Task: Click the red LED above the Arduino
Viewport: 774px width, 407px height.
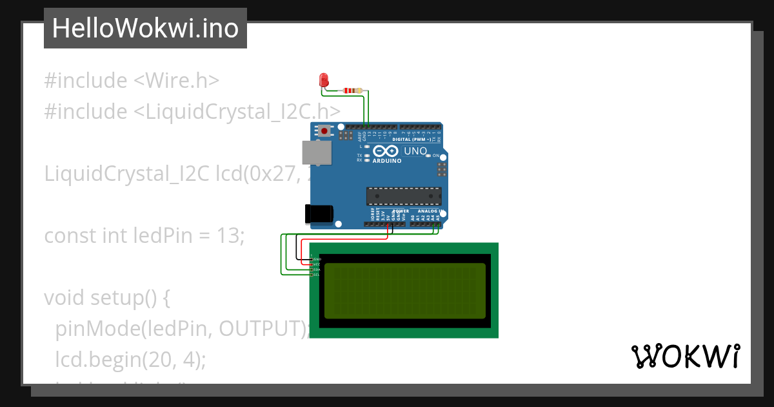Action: tap(324, 80)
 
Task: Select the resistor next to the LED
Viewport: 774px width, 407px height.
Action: tap(351, 90)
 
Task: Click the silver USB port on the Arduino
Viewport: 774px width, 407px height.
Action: tap(317, 153)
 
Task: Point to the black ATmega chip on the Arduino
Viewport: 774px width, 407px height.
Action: tap(404, 196)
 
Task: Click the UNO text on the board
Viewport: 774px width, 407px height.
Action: tap(415, 151)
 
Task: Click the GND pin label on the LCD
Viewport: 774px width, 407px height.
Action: tap(317, 259)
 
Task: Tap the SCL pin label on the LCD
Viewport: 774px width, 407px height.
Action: tap(317, 275)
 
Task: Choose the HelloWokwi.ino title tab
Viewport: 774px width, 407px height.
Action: tap(145, 28)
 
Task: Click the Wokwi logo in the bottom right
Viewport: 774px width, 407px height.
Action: tap(685, 356)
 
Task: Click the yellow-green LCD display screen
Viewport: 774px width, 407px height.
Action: tap(404, 291)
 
